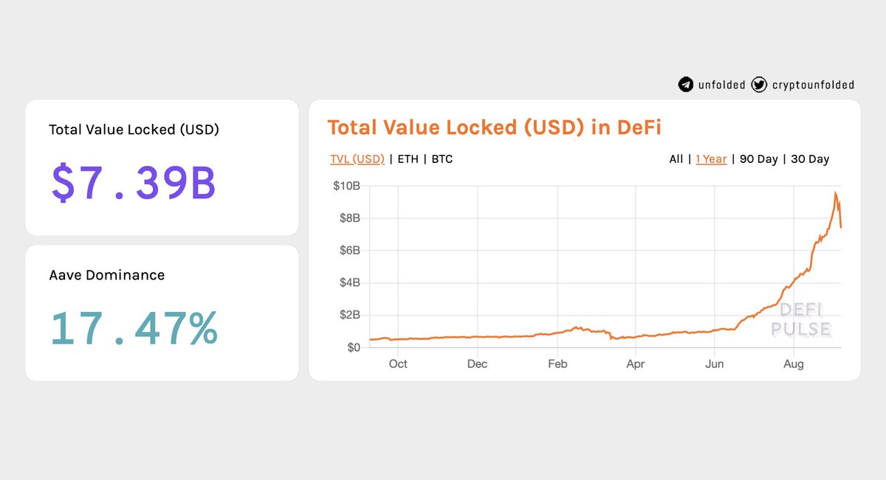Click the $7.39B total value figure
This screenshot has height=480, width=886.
tap(134, 183)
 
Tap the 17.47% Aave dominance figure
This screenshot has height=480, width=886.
tap(134, 328)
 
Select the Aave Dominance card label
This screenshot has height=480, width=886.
tap(107, 275)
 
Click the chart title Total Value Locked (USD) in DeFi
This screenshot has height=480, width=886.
tap(494, 128)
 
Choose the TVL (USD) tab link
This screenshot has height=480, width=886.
tap(357, 159)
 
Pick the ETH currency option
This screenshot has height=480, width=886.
tap(408, 159)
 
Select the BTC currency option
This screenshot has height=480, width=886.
tap(442, 159)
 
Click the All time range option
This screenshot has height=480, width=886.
tap(676, 159)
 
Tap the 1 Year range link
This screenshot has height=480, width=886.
tap(711, 159)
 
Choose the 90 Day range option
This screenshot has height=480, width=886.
tap(759, 159)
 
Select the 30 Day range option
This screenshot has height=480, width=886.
tap(810, 159)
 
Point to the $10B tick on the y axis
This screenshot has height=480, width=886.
tap(346, 186)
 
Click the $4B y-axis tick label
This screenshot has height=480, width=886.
tap(350, 282)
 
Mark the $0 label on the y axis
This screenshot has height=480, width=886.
tap(354, 347)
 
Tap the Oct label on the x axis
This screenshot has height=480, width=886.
tap(398, 364)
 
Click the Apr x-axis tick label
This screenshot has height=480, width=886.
tap(635, 364)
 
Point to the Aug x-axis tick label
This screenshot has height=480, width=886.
tap(794, 364)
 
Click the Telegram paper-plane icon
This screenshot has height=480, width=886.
tap(686, 85)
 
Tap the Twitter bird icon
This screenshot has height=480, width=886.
tap(759, 85)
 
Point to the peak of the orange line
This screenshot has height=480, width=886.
tap(835, 192)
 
